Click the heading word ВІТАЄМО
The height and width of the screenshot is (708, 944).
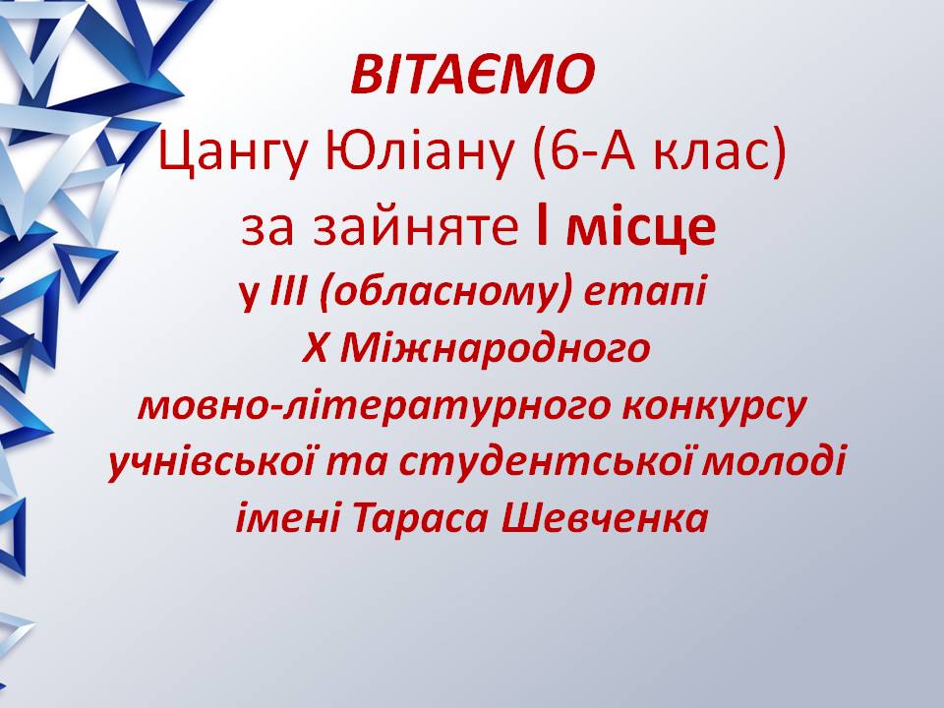pos(473,75)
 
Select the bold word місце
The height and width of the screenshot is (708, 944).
pos(640,228)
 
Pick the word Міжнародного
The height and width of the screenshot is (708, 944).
pos(495,348)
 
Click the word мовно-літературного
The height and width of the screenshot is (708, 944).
pos(374,406)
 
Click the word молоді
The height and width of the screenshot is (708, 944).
pos(775,463)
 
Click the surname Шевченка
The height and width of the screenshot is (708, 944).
pos(605,518)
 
